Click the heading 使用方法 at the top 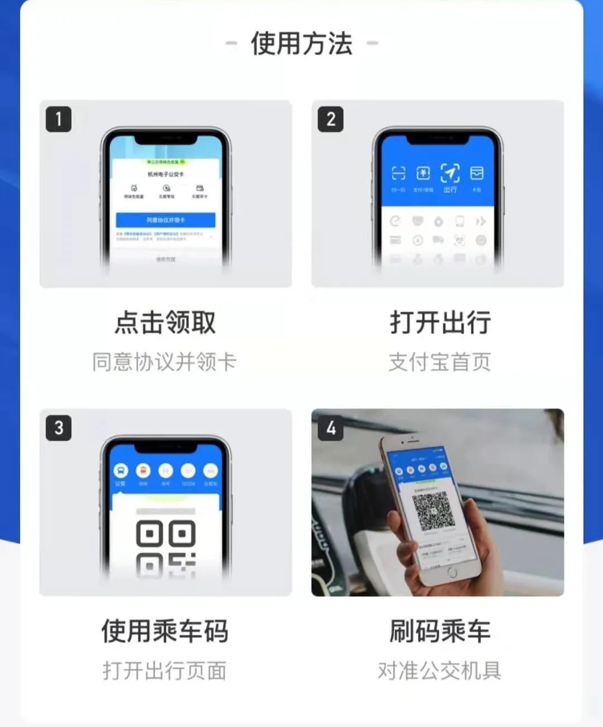coord(302,44)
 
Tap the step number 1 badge coord(58,119)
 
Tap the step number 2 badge coord(330,119)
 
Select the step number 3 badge coord(58,428)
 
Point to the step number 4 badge coord(330,428)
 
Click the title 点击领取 coord(165,323)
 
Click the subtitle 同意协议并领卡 coord(165,362)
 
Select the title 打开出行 coord(440,323)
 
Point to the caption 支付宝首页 coord(440,362)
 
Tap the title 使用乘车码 coord(165,631)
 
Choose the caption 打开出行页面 coord(165,671)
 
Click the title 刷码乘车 coord(440,631)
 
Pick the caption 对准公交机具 coord(440,671)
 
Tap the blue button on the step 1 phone coord(165,220)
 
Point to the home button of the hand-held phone coord(452,573)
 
